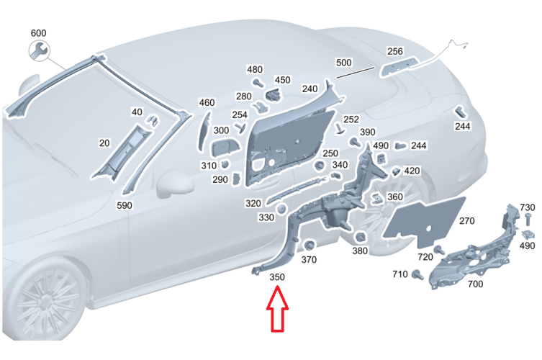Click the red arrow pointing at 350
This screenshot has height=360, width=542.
pyautogui.click(x=277, y=309)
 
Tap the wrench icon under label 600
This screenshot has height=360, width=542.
pyautogui.click(x=39, y=51)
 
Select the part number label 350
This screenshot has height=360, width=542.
pyautogui.click(x=277, y=277)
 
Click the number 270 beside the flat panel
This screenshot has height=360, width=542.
pyautogui.click(x=466, y=220)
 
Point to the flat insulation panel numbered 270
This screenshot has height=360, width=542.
pyautogui.click(x=425, y=220)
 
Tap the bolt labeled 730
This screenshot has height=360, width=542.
pyautogui.click(x=528, y=220)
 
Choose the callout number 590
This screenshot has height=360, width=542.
pyautogui.click(x=125, y=205)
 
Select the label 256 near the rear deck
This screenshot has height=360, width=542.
pyautogui.click(x=394, y=51)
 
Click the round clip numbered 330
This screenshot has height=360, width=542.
pyautogui.click(x=281, y=209)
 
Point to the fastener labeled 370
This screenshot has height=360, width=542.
pyautogui.click(x=308, y=246)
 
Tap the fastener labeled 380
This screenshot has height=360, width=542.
pyautogui.click(x=360, y=237)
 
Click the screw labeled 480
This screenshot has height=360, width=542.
pyautogui.click(x=258, y=83)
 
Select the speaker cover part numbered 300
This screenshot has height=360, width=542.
pyautogui.click(x=224, y=149)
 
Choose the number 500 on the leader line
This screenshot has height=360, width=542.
pyautogui.click(x=343, y=63)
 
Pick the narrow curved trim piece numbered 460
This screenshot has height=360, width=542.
pyautogui.click(x=203, y=132)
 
